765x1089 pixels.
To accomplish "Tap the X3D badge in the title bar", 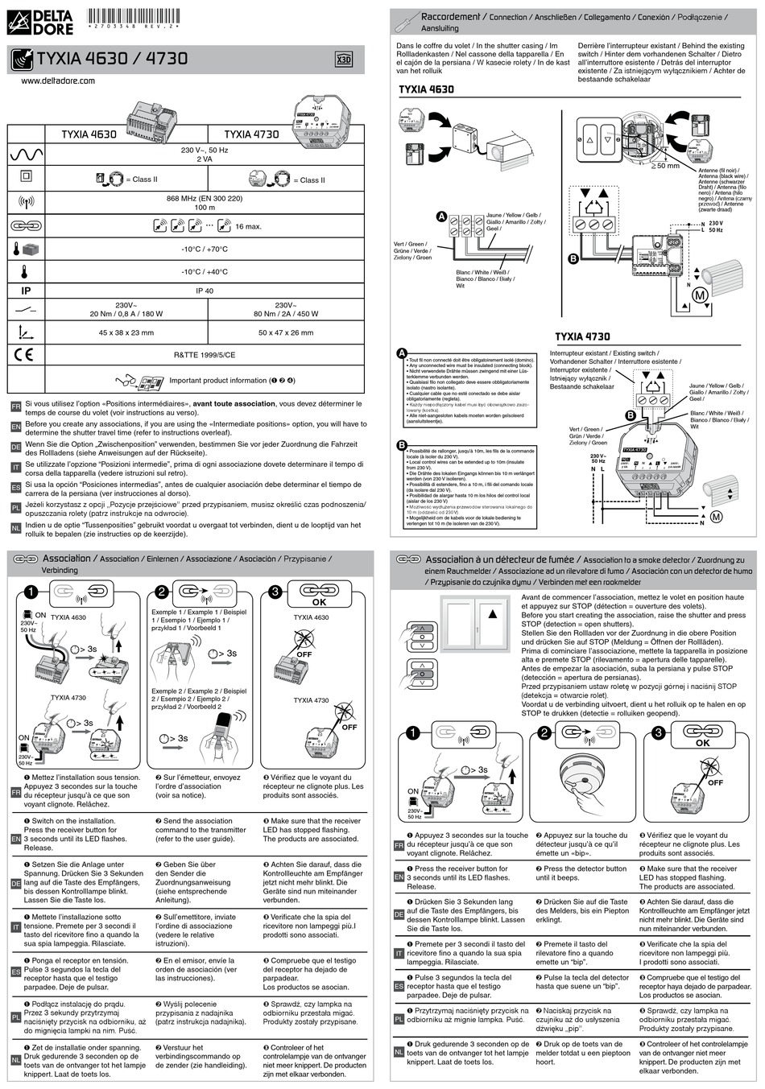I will (343, 60).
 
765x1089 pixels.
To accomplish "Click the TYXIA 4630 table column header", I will (89, 134).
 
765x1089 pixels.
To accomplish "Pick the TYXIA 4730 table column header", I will (251, 134).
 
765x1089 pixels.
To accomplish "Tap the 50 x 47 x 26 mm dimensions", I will (286, 332).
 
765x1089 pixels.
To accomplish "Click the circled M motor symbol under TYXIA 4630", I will (700, 296).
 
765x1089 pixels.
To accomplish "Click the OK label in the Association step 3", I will (319, 602).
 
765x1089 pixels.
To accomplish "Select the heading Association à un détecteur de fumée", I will (501, 559).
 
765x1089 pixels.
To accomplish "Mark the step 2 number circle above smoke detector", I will (545, 732).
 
